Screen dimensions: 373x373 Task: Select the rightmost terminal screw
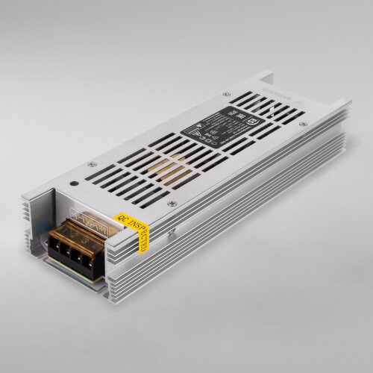pyautogui.click(x=95, y=261)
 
